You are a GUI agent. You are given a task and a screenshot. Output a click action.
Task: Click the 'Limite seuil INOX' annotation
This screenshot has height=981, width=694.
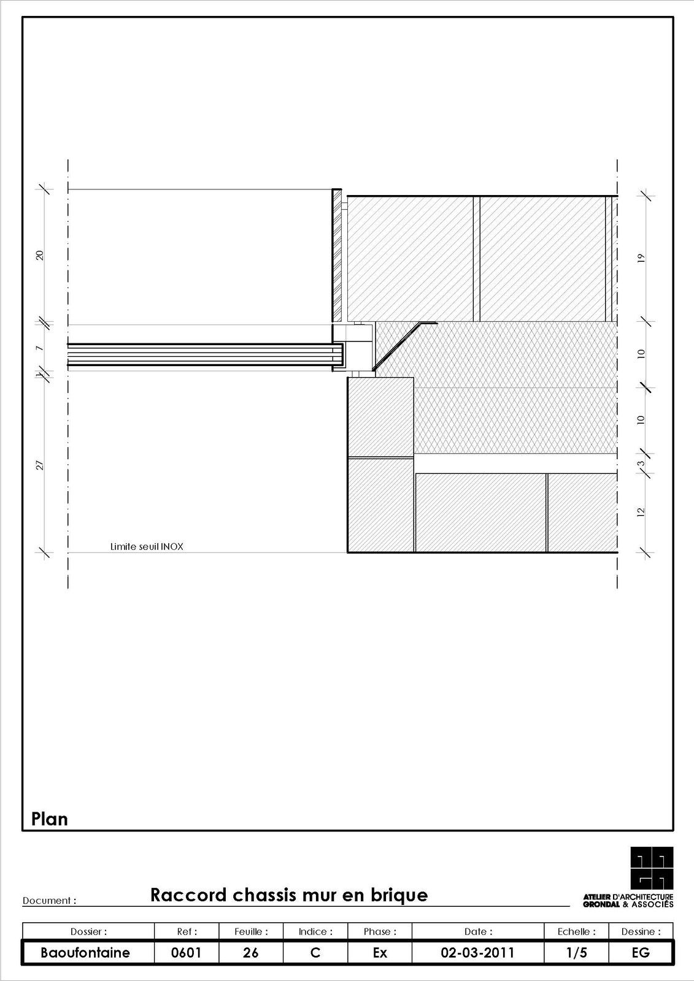tap(147, 546)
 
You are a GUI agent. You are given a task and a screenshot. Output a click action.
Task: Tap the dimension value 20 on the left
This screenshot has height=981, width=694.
tap(40, 255)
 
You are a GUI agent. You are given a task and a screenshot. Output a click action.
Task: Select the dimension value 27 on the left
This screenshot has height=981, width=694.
tap(40, 465)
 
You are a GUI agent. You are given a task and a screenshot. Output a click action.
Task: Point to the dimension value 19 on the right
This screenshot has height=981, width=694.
tap(641, 258)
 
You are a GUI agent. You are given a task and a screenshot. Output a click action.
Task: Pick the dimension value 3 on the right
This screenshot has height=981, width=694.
tap(641, 464)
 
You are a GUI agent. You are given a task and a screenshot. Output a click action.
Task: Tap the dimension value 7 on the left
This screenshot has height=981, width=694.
tap(40, 349)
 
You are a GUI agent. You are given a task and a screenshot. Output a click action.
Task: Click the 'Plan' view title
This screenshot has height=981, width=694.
tap(50, 819)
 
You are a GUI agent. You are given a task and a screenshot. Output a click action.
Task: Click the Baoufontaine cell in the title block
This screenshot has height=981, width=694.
tap(85, 953)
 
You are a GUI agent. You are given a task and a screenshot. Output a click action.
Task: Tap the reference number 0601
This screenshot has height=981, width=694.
tap(187, 953)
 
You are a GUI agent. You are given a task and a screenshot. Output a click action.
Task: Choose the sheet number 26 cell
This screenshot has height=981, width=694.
tap(251, 953)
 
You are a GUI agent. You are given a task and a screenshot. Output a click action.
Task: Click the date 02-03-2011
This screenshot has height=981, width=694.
tap(477, 953)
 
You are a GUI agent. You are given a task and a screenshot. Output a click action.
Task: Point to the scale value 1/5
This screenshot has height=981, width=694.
tap(577, 953)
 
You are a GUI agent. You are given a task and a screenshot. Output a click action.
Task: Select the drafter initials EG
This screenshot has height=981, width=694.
tap(641, 953)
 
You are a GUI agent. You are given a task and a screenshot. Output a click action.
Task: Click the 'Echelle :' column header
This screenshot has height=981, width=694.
tap(577, 931)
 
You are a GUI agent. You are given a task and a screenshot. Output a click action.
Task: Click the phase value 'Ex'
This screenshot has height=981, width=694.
tap(380, 953)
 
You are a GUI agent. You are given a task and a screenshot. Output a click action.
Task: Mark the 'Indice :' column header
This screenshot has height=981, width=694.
tap(315, 931)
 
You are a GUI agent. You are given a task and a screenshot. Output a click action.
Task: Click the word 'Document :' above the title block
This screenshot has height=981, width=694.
tap(49, 901)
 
